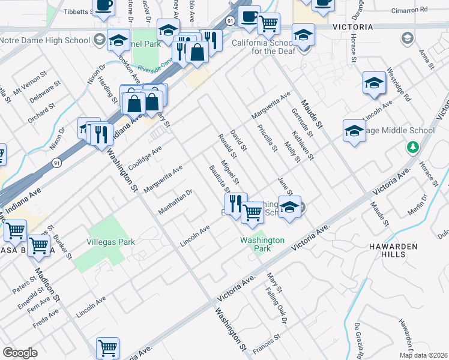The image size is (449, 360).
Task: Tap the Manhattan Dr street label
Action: [175, 202]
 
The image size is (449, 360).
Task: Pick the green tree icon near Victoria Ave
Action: [412, 147]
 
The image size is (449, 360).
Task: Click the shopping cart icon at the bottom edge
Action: [107, 348]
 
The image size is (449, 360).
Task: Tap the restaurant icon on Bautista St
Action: [236, 203]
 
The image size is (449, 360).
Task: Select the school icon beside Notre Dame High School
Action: [118, 40]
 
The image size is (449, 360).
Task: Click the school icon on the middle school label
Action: [354, 131]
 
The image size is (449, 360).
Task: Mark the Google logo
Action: [20, 353]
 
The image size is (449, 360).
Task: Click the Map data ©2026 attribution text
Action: [424, 355]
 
